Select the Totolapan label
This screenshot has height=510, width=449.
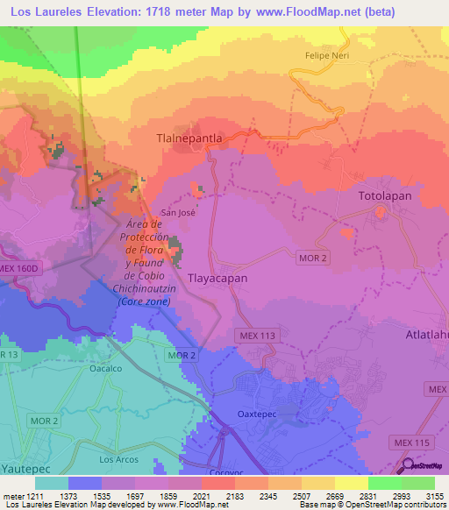point(384,196)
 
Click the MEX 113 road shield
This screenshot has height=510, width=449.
point(256,335)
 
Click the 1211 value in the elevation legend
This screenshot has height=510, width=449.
point(34,497)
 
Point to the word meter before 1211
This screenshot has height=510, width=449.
point(11,497)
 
